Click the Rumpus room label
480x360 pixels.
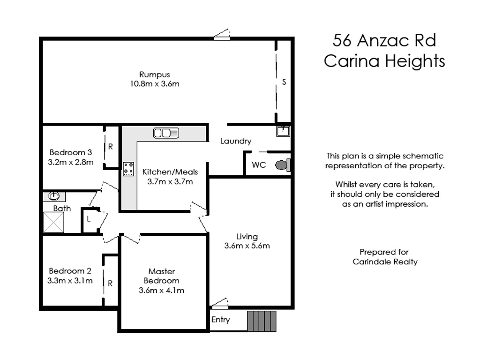pyautogui.click(x=154, y=75)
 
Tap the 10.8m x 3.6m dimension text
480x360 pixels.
pyautogui.click(x=154, y=84)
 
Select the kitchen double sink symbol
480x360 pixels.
pyautogui.click(x=166, y=133)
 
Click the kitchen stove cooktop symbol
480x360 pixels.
pyautogui.click(x=128, y=169)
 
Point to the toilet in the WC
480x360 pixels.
pyautogui.click(x=283, y=165)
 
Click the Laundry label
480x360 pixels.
pyautogui.click(x=236, y=141)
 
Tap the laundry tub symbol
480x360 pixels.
pyautogui.click(x=283, y=131)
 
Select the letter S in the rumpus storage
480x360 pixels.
pyautogui.click(x=284, y=82)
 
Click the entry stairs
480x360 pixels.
pyautogui.click(x=262, y=321)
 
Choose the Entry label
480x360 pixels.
pyautogui.click(x=221, y=320)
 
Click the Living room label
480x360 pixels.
pyautogui.click(x=247, y=237)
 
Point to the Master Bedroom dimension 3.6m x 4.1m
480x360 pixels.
pyautogui.click(x=161, y=290)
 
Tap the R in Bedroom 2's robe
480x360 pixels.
pyautogui.click(x=110, y=283)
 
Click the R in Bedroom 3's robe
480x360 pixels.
pyautogui.click(x=111, y=147)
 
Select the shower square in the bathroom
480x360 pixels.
pyautogui.click(x=53, y=222)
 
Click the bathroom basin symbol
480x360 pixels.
pyautogui.click(x=54, y=196)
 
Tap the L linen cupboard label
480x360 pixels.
pyautogui.click(x=89, y=219)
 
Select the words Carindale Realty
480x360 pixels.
pyautogui.click(x=385, y=262)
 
